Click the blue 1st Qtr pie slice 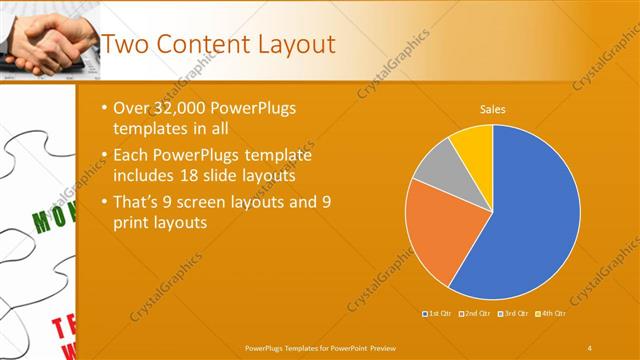click(530, 220)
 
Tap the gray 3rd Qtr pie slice click(433, 166)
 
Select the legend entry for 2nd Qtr click(474, 314)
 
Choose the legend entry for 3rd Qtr click(512, 314)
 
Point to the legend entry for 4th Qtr click(550, 314)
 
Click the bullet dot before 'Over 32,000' click(107, 108)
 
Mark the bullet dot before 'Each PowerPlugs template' click(107, 156)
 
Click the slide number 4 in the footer click(589, 347)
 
